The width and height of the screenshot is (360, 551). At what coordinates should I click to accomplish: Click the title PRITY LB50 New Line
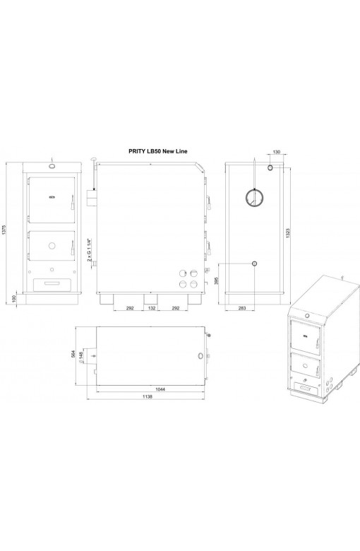click(158, 151)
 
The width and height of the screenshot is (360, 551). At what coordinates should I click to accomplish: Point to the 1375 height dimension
click(4, 231)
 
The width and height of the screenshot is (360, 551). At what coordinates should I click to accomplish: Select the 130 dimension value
click(277, 152)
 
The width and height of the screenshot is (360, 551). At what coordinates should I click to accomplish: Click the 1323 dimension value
click(288, 235)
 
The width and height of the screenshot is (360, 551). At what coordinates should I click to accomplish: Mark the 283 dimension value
click(242, 308)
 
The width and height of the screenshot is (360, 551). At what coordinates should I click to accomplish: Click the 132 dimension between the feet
click(151, 308)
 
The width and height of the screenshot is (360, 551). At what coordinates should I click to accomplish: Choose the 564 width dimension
click(73, 354)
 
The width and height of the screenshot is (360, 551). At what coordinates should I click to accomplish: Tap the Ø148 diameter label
click(81, 357)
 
